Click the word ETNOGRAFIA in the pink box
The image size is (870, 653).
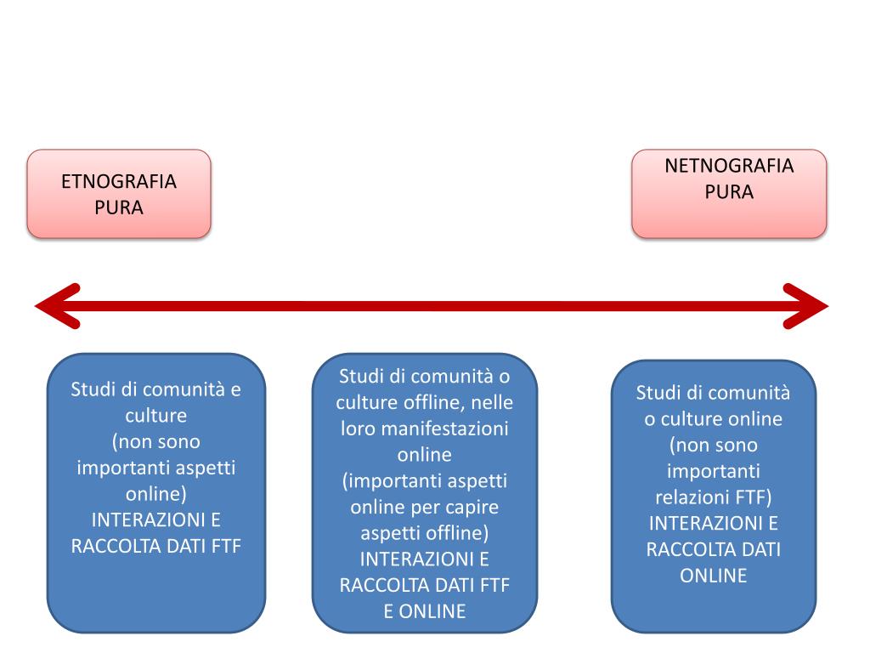tap(119, 182)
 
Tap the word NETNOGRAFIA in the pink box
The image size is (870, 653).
tap(729, 165)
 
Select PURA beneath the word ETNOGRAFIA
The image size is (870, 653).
tap(119, 207)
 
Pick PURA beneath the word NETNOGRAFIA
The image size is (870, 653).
tap(729, 191)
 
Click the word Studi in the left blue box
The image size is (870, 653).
tap(93, 390)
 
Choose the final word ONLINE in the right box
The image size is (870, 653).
tap(714, 576)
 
